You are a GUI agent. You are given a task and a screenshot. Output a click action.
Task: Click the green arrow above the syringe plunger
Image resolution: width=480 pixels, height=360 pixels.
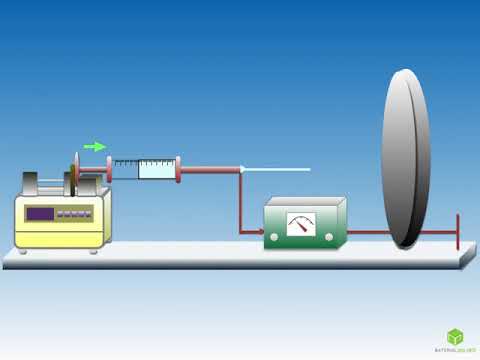(94, 146)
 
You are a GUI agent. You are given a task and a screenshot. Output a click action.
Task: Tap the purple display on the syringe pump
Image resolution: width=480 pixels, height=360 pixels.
(40, 213)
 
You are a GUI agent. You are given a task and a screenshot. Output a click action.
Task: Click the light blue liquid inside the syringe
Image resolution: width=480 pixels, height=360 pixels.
(156, 168)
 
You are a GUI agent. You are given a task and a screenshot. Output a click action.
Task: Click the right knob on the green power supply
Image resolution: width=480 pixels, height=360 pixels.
(328, 236)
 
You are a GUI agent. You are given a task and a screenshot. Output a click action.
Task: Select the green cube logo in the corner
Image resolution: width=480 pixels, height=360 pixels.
(455, 336)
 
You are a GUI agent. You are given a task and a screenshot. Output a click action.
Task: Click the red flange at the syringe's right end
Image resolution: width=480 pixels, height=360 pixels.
(178, 168)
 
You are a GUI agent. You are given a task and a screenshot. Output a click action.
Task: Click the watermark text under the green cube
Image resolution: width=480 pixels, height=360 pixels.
(455, 351)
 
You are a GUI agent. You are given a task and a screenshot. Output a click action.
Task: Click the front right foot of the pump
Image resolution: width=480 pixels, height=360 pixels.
(94, 250)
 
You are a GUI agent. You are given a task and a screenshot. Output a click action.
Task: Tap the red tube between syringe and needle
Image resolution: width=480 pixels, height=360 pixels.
(210, 168)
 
